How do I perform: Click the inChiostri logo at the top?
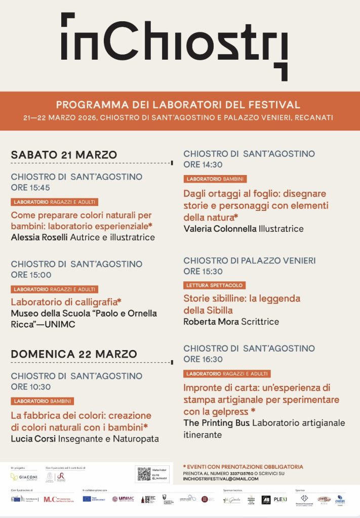coord(174,46)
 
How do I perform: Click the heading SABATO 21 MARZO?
coord(64,155)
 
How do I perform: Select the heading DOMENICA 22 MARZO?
coord(74,354)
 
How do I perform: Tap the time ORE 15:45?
coord(30,188)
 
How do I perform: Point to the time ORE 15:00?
coord(31,275)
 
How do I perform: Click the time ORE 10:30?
coord(31,387)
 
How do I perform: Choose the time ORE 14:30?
coord(203,164)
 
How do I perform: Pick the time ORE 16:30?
coord(203,359)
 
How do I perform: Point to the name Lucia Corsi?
coord(33,439)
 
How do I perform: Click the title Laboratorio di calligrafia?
coord(66,302)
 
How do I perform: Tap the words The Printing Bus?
coord(216,423)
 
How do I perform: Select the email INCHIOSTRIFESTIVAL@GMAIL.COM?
coord(221,479)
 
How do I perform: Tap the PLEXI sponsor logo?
coord(280,499)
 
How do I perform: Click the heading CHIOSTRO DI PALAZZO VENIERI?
coord(249,261)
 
